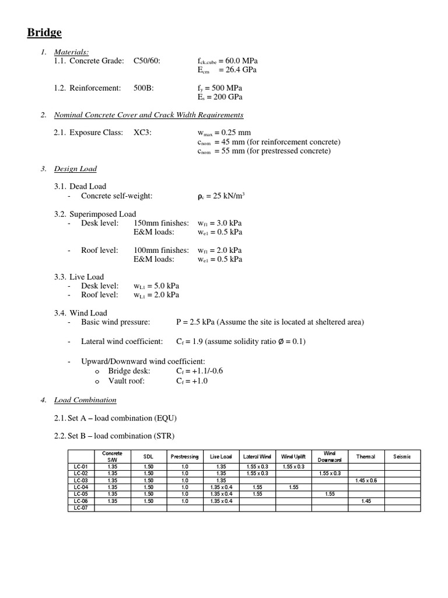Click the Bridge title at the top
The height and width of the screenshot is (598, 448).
point(44,33)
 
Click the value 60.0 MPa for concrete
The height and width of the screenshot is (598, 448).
point(240,61)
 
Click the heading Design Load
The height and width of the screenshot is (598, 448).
point(75,169)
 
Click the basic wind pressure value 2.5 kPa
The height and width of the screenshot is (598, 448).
point(195,322)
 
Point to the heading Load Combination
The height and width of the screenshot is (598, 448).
point(85,400)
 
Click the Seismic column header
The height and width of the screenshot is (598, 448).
point(402,456)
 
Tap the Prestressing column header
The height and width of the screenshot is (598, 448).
point(184,456)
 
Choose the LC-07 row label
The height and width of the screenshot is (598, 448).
point(81,508)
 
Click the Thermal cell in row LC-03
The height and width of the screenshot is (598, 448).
point(366,480)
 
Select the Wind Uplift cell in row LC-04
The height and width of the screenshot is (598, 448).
point(293,487)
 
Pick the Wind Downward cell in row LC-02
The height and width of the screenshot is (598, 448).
point(330,473)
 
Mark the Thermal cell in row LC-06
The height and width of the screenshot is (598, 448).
point(366,501)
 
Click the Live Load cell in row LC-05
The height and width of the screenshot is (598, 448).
point(221,494)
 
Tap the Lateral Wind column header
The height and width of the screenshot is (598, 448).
point(257,456)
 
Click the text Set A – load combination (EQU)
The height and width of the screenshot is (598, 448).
point(116,418)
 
